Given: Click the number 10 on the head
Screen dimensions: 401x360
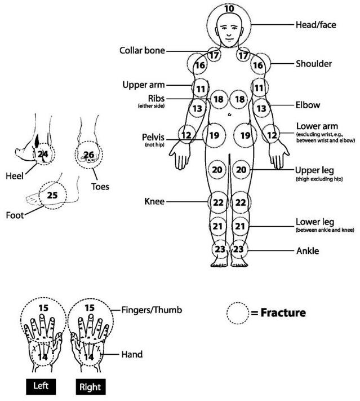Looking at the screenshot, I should (x=229, y=9).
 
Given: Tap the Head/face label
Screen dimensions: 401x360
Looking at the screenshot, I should (x=316, y=25).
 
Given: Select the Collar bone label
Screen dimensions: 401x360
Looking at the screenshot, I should (x=142, y=51).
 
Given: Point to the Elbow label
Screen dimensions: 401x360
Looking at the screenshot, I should (x=308, y=105).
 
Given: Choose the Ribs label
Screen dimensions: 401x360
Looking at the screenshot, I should (x=153, y=98).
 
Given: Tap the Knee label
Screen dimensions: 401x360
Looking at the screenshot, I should (x=154, y=201).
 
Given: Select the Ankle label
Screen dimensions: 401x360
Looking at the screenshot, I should (x=308, y=250).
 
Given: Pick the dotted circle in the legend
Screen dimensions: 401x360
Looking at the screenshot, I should (x=237, y=312).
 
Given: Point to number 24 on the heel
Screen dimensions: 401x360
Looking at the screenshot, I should (x=42, y=154).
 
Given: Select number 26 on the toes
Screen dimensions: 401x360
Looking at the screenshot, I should (x=88, y=154).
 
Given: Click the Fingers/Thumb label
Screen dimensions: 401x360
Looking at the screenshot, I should (x=152, y=310).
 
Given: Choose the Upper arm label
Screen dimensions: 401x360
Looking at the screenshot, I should (x=143, y=85).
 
